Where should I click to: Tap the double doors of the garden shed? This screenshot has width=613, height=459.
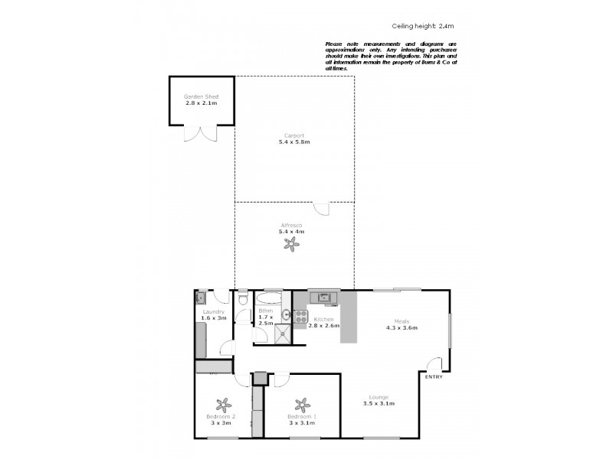point(201,134)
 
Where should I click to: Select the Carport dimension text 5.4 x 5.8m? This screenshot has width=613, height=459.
point(294,142)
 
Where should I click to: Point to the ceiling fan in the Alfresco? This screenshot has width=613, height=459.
point(291,245)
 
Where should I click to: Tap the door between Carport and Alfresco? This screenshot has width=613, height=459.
point(322,207)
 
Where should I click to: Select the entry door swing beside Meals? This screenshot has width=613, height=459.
point(434,365)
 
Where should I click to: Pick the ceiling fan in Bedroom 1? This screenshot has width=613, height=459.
point(302,405)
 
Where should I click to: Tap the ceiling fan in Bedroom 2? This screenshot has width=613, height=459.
point(224,405)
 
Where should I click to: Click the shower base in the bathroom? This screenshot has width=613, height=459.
point(283,334)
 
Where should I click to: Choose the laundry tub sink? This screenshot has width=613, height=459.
point(201,298)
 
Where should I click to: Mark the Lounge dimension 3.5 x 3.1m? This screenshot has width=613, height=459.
point(378,403)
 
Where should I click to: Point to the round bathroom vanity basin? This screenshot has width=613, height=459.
point(286,314)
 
